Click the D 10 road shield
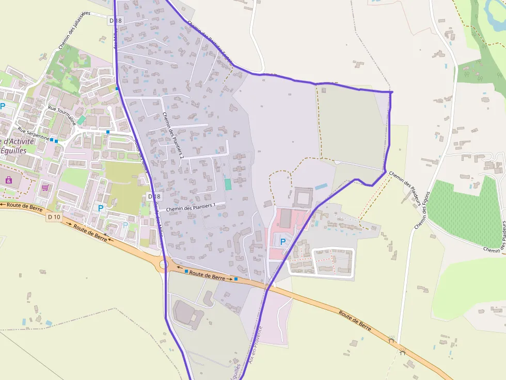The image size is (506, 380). point(54,217)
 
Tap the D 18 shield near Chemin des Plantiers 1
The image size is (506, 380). point(154,196)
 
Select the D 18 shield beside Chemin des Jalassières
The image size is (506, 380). point(116,21)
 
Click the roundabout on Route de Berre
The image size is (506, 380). point(164,265)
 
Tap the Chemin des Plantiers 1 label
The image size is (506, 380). point(191,207)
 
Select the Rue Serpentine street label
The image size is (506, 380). point(33,134)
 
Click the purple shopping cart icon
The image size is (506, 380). point(45,187)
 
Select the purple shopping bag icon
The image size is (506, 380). point(8,180)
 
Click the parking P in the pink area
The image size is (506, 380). point(282,241)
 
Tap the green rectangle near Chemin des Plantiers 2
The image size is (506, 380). point(228,184)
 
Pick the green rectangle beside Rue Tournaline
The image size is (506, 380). point(81,120)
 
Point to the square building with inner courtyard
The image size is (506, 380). point(303,197)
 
